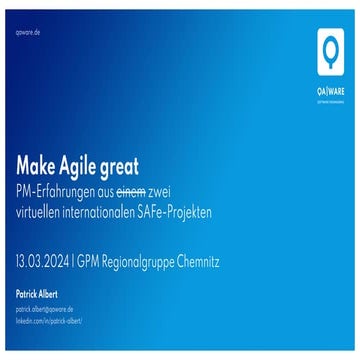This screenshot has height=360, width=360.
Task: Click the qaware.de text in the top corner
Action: pos(28,32)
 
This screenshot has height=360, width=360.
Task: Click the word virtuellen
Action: pos(41,212)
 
